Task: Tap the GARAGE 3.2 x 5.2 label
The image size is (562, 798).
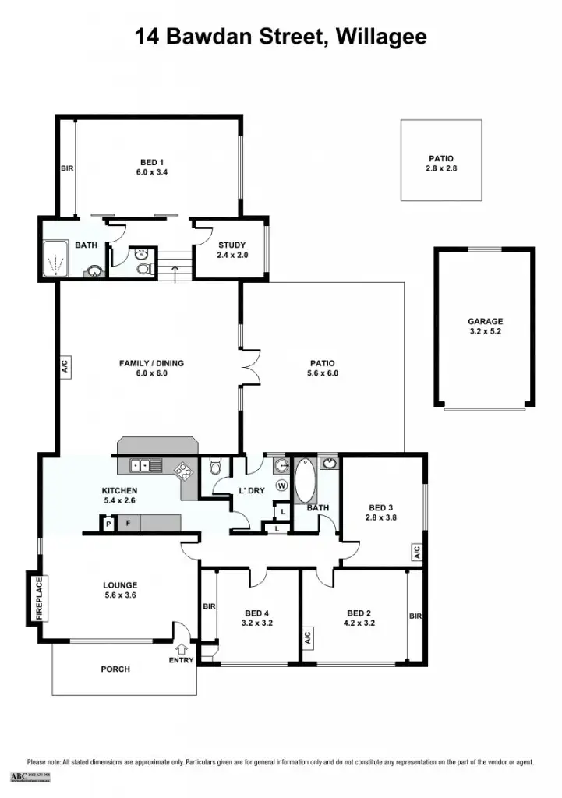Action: click(485, 327)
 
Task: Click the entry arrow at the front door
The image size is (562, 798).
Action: click(182, 647)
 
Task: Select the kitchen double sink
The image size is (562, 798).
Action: click(146, 466)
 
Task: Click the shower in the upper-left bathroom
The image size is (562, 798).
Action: click(55, 260)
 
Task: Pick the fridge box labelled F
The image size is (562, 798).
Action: click(129, 523)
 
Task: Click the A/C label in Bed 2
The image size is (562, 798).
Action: click(308, 637)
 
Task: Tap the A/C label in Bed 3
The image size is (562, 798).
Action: click(417, 553)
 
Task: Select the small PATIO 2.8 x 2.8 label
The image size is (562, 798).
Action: click(440, 164)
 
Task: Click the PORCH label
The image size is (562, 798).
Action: click(115, 669)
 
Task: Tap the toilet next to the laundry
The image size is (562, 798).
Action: click(216, 467)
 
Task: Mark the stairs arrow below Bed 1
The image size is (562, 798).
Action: click(175, 270)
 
